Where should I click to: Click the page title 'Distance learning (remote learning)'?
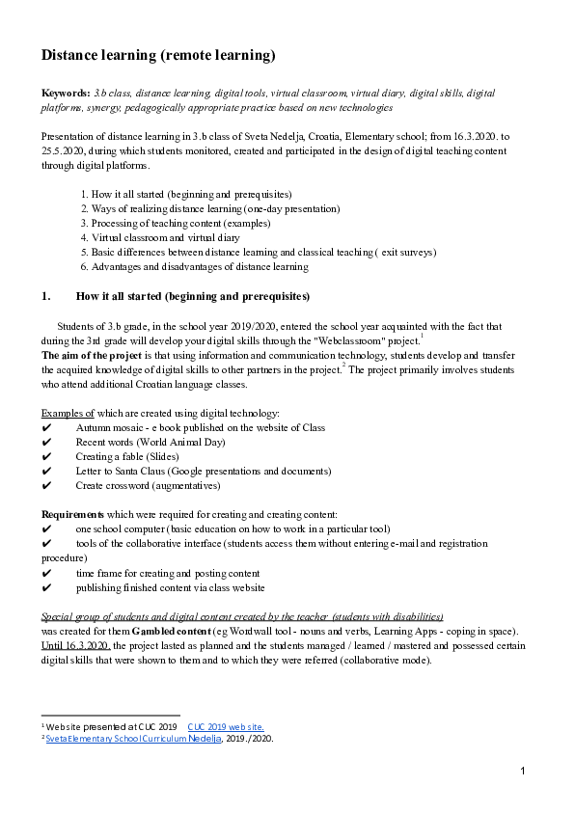[x=158, y=56]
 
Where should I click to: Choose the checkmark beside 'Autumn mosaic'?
[x=46, y=427]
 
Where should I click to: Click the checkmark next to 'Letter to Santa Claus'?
[x=46, y=471]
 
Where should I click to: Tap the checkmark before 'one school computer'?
[x=46, y=529]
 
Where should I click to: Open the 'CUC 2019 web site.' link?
[x=226, y=727]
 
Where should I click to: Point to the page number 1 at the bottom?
[x=522, y=772]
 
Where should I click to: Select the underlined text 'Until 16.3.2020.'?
[x=76, y=646]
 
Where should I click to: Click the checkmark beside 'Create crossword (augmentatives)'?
[x=46, y=485]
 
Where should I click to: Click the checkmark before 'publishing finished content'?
[x=46, y=587]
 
